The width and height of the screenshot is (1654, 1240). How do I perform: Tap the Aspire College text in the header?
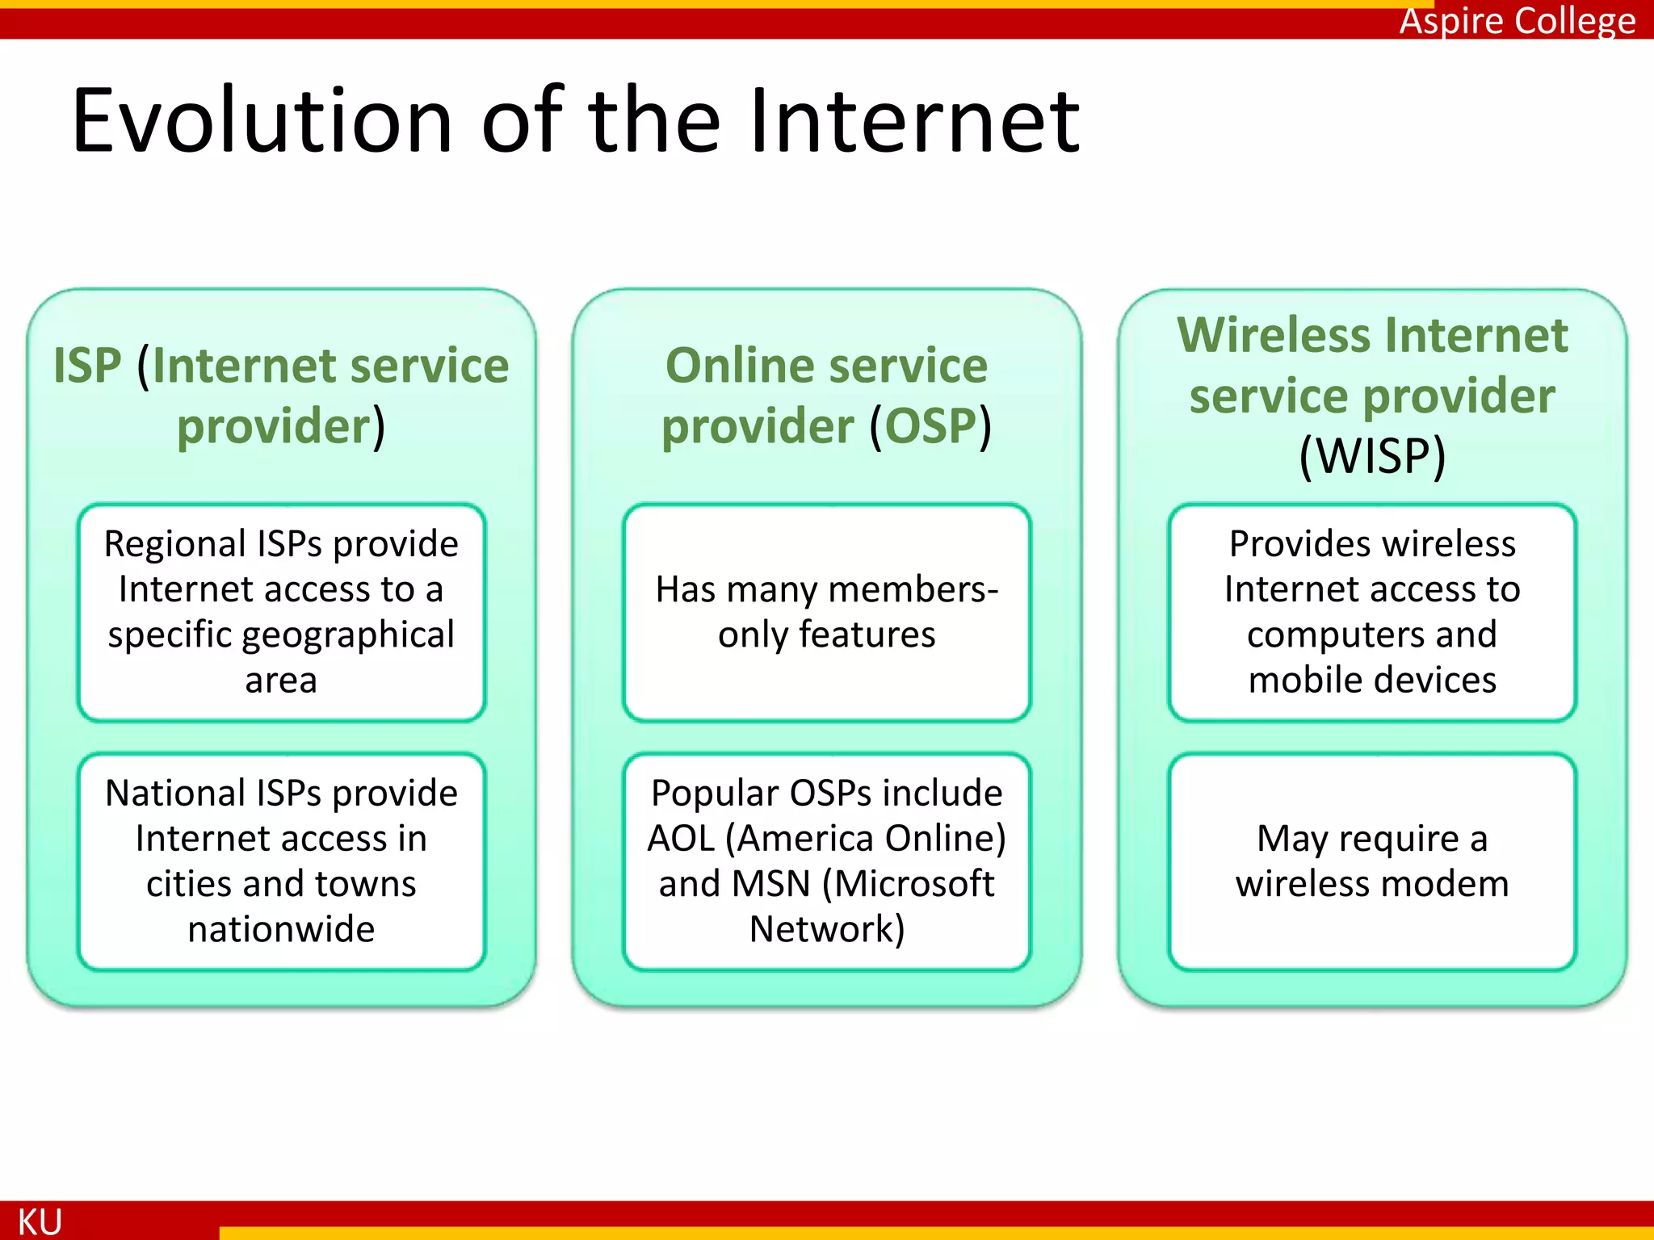(x=1517, y=21)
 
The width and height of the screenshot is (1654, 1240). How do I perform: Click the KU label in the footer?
(x=40, y=1221)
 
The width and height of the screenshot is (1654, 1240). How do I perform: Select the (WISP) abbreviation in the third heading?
(x=1372, y=456)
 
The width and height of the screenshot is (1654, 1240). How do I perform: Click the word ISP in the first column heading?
(x=87, y=366)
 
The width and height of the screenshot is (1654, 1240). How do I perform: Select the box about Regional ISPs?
(x=281, y=612)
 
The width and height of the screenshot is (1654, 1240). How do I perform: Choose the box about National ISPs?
(x=281, y=861)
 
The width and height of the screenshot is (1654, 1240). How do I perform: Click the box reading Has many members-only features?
(x=826, y=612)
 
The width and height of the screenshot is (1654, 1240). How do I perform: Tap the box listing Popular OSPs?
(x=826, y=861)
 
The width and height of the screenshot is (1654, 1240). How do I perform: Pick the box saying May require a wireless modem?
(x=1371, y=861)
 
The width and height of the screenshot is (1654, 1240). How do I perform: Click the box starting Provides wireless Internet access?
(x=1371, y=612)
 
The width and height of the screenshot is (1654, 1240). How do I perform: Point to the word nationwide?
(x=281, y=929)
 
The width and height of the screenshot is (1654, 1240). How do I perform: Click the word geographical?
(x=348, y=635)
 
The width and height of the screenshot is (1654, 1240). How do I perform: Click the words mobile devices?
(x=1371, y=681)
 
